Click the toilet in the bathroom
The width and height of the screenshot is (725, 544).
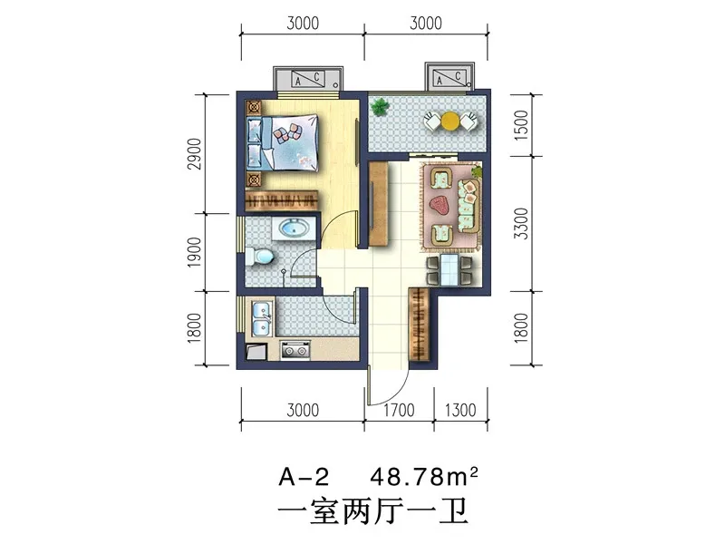tap(258, 257)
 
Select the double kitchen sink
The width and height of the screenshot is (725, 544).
tap(262, 319)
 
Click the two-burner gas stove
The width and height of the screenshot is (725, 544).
tap(295, 351)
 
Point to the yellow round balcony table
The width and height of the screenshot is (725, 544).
tap(449, 121)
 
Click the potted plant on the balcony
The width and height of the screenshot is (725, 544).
tap(380, 107)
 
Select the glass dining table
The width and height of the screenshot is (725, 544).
tap(449, 269)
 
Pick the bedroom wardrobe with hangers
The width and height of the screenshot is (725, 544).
tap(282, 200)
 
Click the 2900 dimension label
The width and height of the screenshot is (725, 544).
tap(195, 153)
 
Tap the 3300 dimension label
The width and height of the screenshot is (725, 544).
tap(521, 223)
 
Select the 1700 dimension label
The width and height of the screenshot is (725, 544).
tap(399, 410)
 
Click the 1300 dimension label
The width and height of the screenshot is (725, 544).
tap(460, 410)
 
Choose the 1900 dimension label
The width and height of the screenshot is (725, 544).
tap(195, 252)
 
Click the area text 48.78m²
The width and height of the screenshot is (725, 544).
tap(424, 477)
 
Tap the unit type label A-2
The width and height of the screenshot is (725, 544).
tap(304, 477)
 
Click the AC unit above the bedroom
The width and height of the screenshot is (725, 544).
tap(308, 79)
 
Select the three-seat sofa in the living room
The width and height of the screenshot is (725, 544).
tap(469, 206)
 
